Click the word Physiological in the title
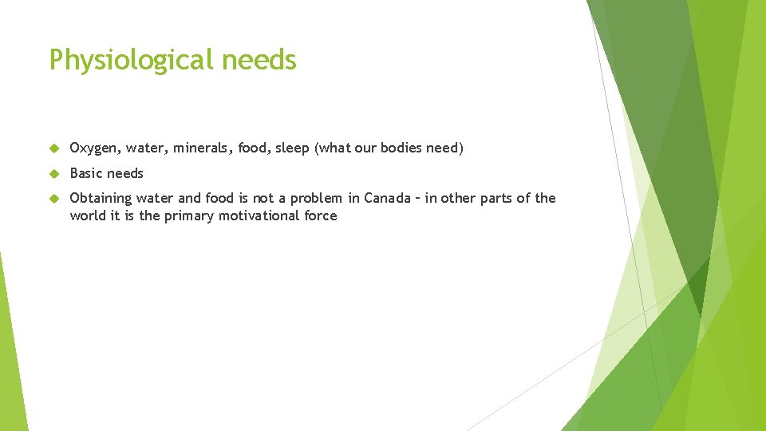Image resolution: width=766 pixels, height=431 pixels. pyautogui.click(x=128, y=61)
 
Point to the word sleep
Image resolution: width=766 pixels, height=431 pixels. pyautogui.click(x=292, y=148)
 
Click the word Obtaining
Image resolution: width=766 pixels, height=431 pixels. pyautogui.click(x=101, y=199)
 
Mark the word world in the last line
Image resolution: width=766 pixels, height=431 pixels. pyautogui.click(x=88, y=215)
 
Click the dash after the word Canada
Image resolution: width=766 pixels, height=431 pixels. pyautogui.click(x=417, y=199)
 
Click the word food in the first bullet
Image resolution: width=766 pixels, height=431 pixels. pyautogui.click(x=252, y=148)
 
